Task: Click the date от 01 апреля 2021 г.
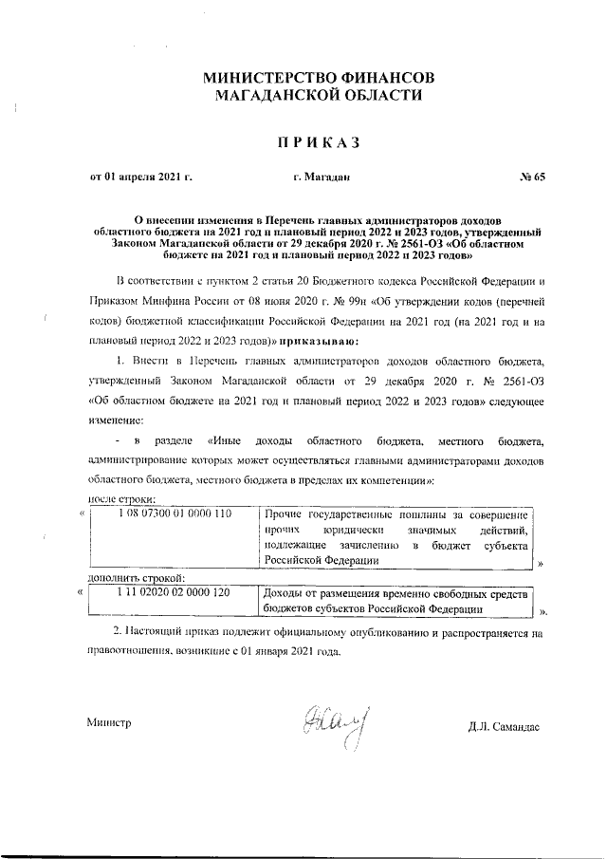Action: (x=141, y=177)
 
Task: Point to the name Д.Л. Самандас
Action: (x=504, y=727)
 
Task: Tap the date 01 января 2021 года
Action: (x=285, y=652)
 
